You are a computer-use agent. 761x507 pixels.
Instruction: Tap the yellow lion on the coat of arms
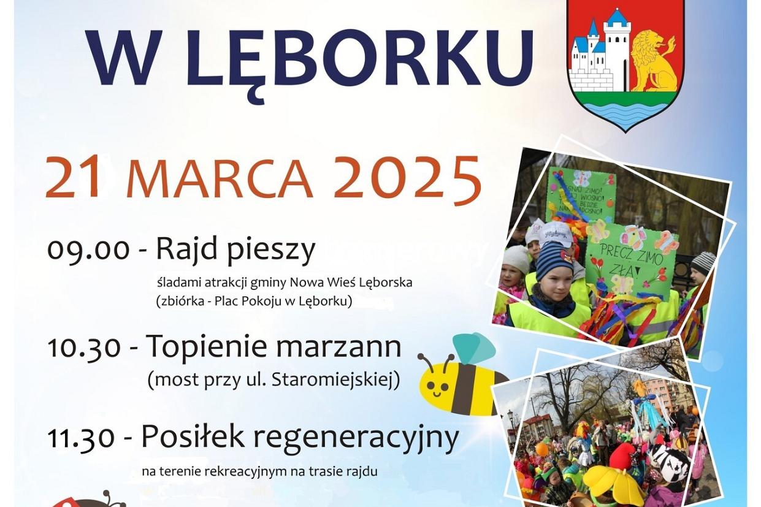[654, 61]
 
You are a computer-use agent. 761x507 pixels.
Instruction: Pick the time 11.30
[82, 438]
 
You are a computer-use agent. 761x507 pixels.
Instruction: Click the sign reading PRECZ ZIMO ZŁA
[629, 259]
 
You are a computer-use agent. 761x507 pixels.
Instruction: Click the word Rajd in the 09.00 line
[180, 250]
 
